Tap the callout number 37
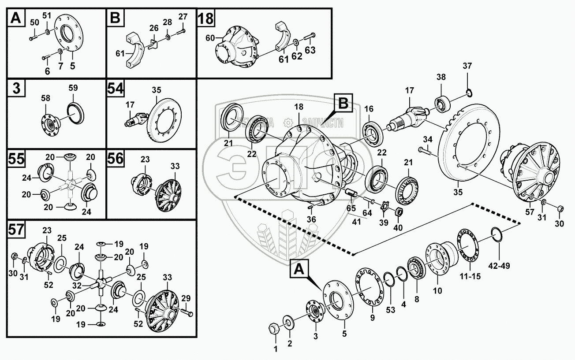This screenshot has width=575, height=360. (x=467, y=67)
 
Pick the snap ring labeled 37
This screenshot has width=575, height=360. (x=470, y=93)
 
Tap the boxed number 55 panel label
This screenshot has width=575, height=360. (x=16, y=159)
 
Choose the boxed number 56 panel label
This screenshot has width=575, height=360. (x=116, y=159)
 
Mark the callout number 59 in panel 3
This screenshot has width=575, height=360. (x=73, y=88)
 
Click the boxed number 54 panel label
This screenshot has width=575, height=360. (x=116, y=89)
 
